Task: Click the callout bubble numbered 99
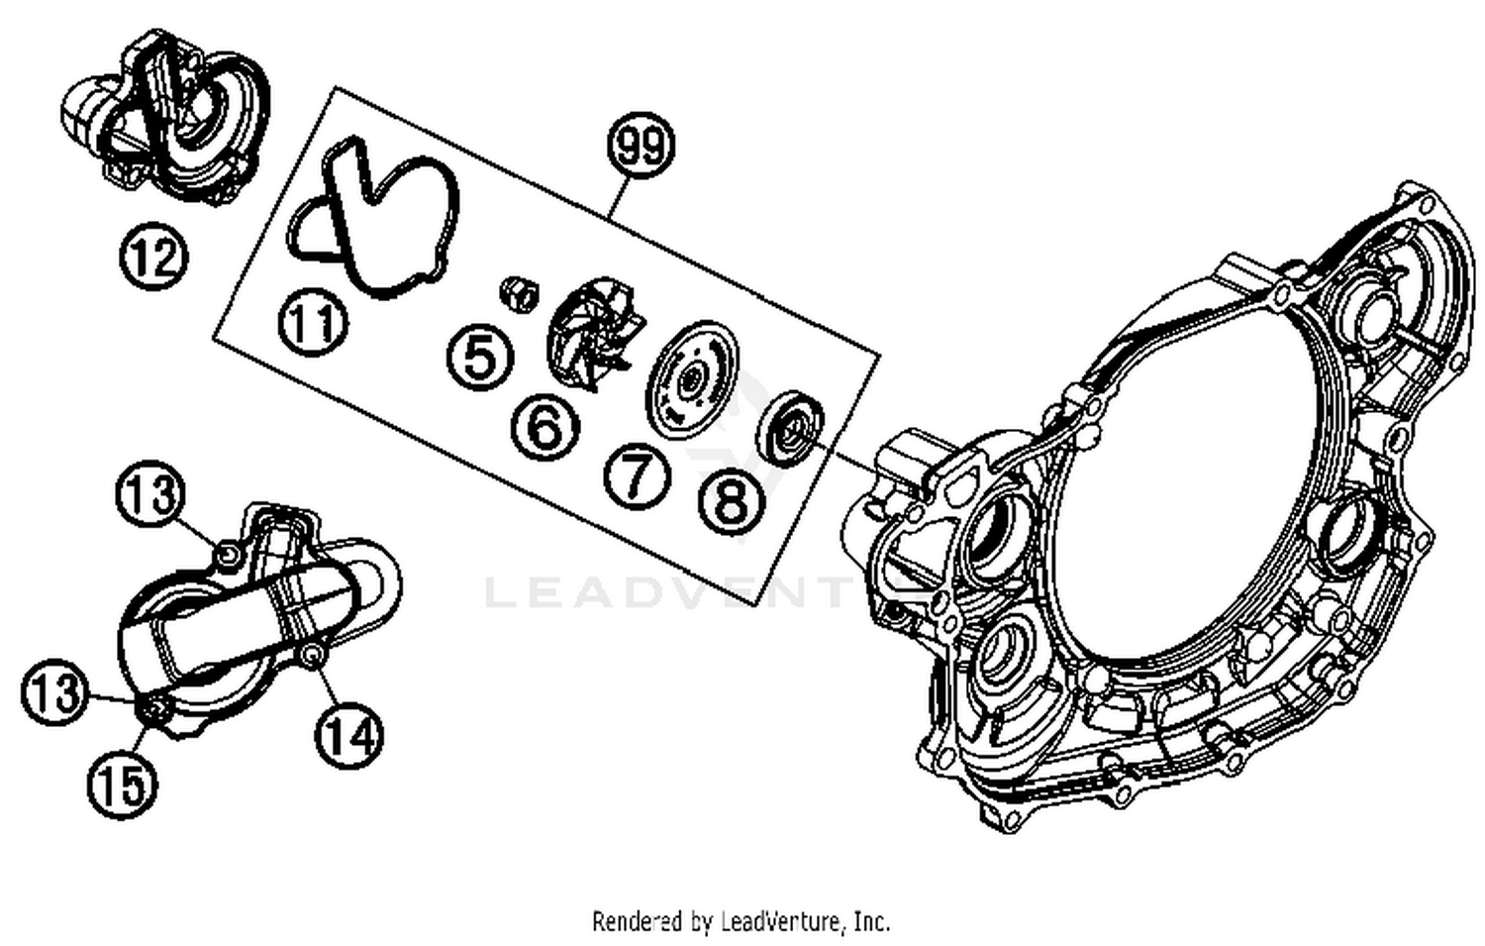(641, 146)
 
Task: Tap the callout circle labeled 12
(153, 258)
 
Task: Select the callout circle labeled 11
(313, 323)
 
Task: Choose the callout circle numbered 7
(637, 474)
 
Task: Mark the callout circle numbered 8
(732, 500)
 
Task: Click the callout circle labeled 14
(349, 735)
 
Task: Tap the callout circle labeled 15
(123, 785)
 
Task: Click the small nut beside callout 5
(519, 291)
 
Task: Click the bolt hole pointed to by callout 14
(313, 656)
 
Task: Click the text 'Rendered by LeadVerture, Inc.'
(741, 921)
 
